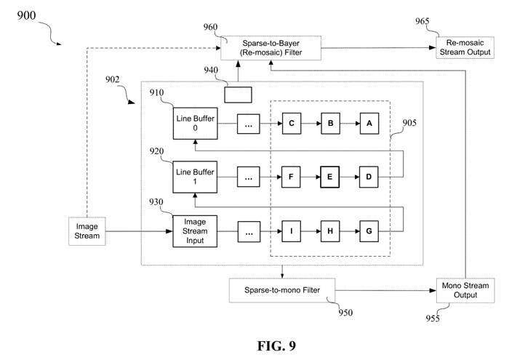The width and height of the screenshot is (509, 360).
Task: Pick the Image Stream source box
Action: pyautogui.click(x=87, y=231)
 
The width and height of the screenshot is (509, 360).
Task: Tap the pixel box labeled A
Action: pyautogui.click(x=369, y=124)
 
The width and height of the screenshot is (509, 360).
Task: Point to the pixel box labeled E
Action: pyautogui.click(x=330, y=176)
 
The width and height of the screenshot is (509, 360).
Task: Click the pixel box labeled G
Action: pyautogui.click(x=369, y=231)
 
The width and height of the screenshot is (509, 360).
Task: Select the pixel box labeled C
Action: pyautogui.click(x=291, y=124)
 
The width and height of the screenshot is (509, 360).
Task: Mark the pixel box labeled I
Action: pyautogui.click(x=291, y=231)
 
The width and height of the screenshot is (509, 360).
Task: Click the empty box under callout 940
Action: pyautogui.click(x=239, y=94)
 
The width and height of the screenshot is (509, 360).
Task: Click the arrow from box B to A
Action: pyautogui.click(x=350, y=124)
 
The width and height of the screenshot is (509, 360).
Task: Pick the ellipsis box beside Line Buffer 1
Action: pyautogui.click(x=249, y=176)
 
